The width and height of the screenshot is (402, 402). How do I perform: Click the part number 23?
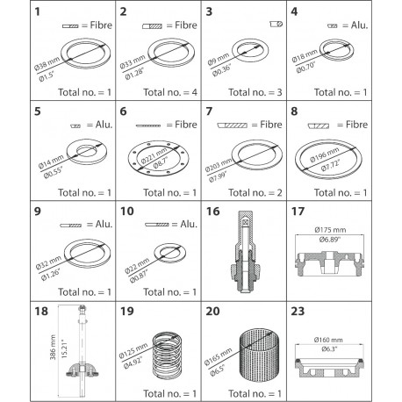(x=311, y=311)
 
